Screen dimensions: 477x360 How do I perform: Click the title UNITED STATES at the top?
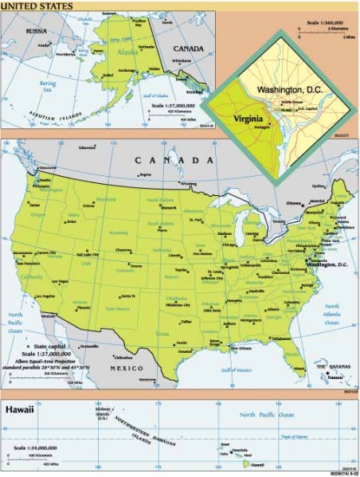37,6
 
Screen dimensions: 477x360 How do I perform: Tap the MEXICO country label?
126,368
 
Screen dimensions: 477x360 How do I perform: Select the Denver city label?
136,265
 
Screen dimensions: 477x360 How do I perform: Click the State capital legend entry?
52,347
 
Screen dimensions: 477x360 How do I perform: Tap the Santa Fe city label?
128,295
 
